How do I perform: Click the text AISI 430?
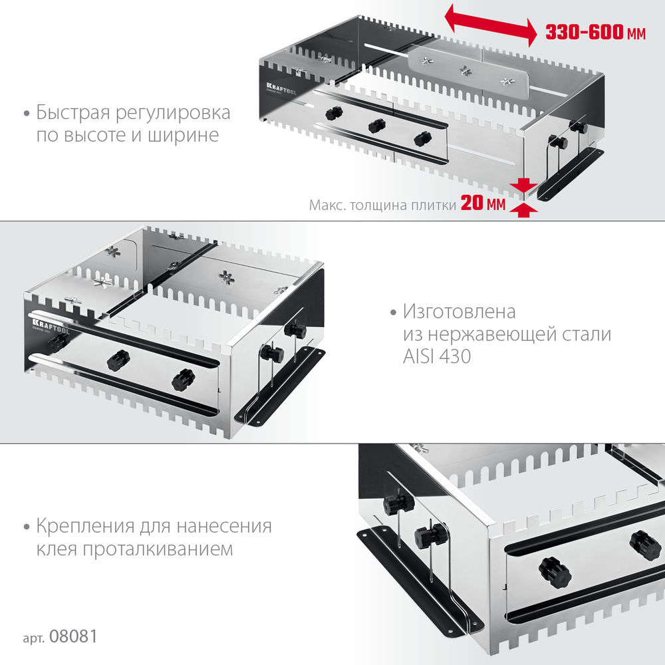point(436,356)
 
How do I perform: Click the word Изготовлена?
point(460,311)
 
